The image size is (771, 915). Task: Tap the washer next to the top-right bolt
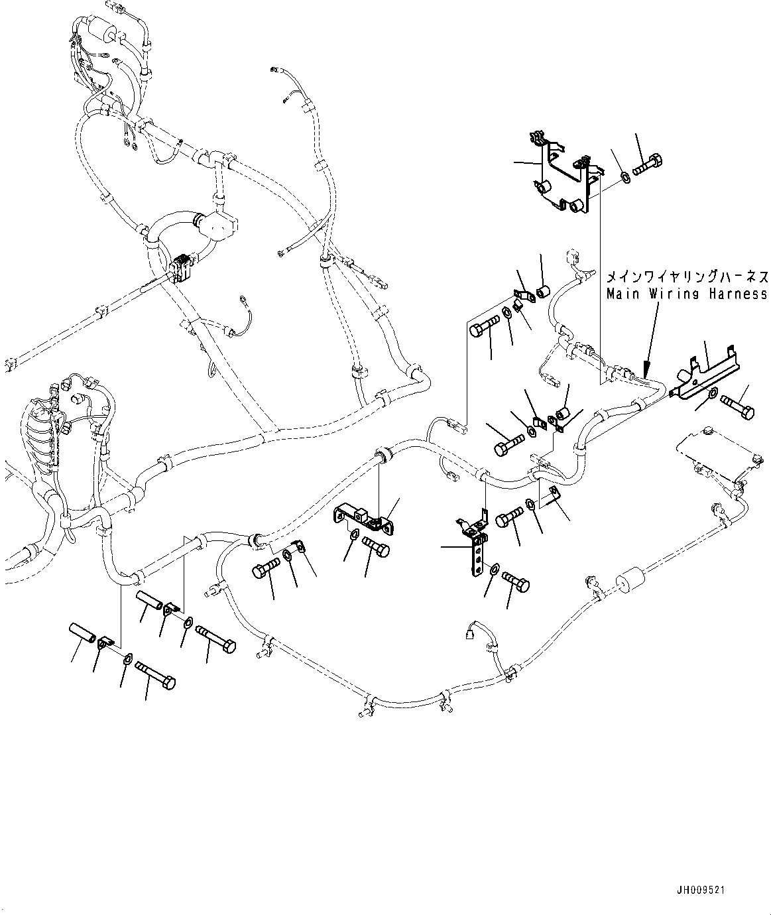coord(626,177)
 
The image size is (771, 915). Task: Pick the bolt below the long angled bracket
coord(737,406)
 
